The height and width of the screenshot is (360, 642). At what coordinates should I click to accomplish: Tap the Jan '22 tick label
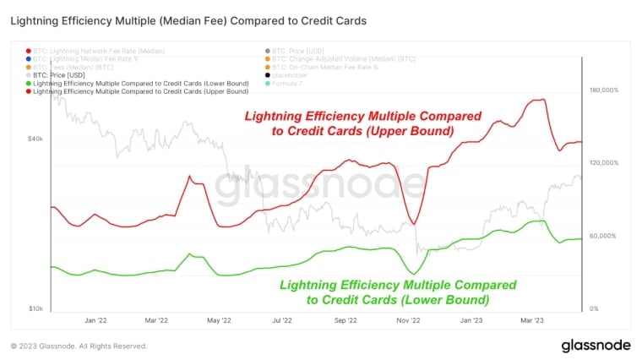pos(95,321)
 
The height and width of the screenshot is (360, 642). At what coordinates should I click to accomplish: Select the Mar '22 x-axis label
pos(156,321)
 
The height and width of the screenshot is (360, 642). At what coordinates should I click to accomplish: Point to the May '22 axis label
pos(219,321)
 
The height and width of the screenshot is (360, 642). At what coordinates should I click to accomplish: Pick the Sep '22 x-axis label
pos(346,321)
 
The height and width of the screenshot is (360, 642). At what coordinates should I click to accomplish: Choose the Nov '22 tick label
pos(409,321)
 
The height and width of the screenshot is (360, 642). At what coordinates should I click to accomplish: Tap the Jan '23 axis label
pos(471,321)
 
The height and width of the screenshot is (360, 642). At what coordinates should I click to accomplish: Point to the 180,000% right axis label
pos(605,90)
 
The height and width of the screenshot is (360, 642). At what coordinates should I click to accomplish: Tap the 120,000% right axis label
pos(605,163)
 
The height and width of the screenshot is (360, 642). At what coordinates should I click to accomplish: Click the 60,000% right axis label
pos(605,236)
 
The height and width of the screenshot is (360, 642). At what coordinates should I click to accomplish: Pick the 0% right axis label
pos(594,309)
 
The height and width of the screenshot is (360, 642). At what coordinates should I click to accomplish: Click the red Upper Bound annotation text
pos(363,124)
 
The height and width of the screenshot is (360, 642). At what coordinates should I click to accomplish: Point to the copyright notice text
pos(79,346)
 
